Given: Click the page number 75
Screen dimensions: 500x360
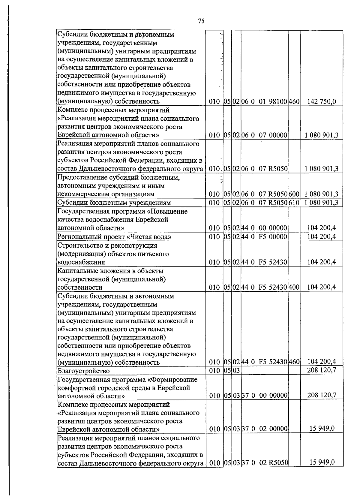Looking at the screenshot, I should (x=201, y=21).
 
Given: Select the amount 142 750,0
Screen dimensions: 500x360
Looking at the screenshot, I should (x=321, y=102).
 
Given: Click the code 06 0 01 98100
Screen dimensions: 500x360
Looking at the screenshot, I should (x=264, y=102).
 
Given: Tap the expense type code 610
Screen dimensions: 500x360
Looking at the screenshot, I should (x=294, y=203).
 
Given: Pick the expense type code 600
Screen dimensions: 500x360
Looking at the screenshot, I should (x=294, y=194).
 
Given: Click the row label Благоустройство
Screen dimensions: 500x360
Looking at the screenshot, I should (x=83, y=371).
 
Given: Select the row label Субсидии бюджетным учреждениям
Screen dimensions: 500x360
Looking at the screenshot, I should (x=114, y=203).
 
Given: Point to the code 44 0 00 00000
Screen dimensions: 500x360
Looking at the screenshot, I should (x=264, y=228).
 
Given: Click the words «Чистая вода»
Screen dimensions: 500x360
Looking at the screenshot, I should (x=149, y=237).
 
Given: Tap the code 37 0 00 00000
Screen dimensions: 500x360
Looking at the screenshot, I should (x=264, y=396).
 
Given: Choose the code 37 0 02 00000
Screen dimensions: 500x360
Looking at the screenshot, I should (x=264, y=429).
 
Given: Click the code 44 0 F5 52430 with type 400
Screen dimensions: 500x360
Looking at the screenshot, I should (x=264, y=288).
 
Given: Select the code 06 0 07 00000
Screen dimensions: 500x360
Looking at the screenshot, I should (x=264, y=135).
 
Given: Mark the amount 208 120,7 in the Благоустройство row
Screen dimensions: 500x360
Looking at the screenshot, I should (x=321, y=370).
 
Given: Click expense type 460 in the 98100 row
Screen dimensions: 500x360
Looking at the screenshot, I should (x=294, y=102).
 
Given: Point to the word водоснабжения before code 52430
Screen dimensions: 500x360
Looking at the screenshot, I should (x=81, y=262).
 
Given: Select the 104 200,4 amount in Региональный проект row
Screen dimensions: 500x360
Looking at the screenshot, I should (x=321, y=237).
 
